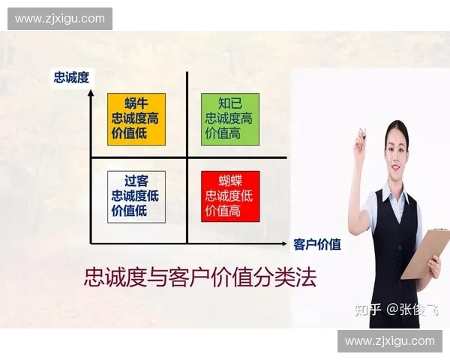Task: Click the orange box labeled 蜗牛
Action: click(x=136, y=118)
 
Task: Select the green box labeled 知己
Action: click(x=229, y=118)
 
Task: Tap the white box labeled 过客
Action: click(x=136, y=196)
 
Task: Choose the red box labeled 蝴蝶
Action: click(x=229, y=196)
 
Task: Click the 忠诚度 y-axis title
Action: click(x=71, y=77)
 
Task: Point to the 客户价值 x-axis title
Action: click(x=317, y=244)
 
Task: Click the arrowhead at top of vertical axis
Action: click(x=91, y=93)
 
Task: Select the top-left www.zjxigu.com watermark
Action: click(x=60, y=19)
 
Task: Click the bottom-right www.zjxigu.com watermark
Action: click(x=389, y=341)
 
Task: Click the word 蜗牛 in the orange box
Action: click(x=136, y=103)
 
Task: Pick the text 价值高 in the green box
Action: click(x=223, y=133)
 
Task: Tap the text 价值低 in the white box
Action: click(x=128, y=211)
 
